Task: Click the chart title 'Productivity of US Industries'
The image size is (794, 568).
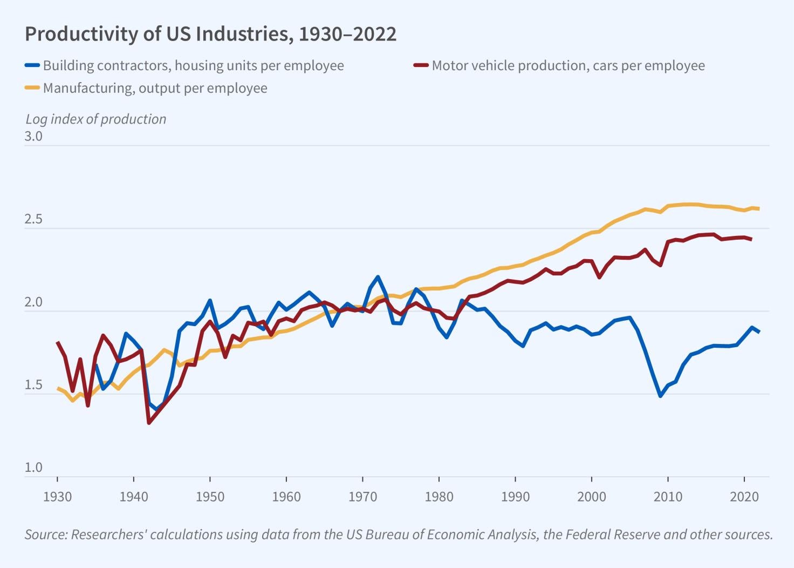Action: [x=210, y=34]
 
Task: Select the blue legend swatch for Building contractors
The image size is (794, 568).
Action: [x=32, y=65]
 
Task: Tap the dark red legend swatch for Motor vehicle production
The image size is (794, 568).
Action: [x=421, y=65]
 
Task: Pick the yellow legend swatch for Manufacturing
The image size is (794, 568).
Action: [x=32, y=88]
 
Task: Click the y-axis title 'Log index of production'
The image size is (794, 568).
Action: [x=95, y=119]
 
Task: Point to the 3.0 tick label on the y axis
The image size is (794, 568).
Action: [x=33, y=137]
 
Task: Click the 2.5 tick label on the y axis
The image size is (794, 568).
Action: [x=33, y=220]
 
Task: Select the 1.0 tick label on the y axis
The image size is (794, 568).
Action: [x=33, y=468]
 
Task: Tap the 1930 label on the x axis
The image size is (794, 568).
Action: [x=57, y=497]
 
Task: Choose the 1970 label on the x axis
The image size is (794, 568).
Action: [x=362, y=497]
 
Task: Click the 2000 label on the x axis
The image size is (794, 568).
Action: [x=592, y=497]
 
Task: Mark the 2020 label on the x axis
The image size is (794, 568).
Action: [x=744, y=497]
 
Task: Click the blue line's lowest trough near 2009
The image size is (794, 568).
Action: [x=660, y=396]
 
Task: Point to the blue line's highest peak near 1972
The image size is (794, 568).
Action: [x=378, y=277]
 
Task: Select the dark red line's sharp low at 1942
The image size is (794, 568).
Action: [x=149, y=422]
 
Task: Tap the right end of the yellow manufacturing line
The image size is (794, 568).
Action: [x=758, y=208]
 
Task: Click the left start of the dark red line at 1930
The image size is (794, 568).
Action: [x=58, y=342]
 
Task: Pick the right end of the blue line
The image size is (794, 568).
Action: [x=758, y=332]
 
